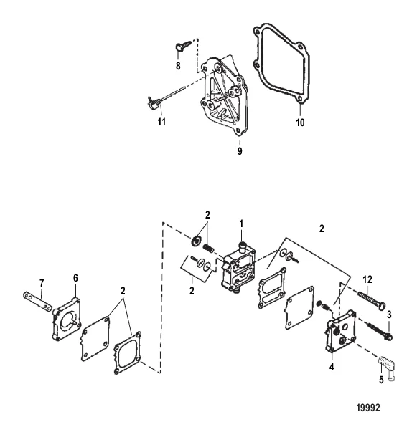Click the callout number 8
(178, 66)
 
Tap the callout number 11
(161, 122)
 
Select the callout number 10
(300, 122)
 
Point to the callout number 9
(240, 151)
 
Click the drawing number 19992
(368, 408)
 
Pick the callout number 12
(367, 279)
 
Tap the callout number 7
(42, 283)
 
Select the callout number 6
(75, 278)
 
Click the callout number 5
(381, 380)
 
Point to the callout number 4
(332, 367)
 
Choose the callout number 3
(389, 315)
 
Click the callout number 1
(241, 224)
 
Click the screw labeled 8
(183, 46)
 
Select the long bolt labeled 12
(372, 300)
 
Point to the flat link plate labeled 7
(37, 302)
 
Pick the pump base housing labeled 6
(67, 319)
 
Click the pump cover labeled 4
(340, 331)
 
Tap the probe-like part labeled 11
(167, 98)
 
